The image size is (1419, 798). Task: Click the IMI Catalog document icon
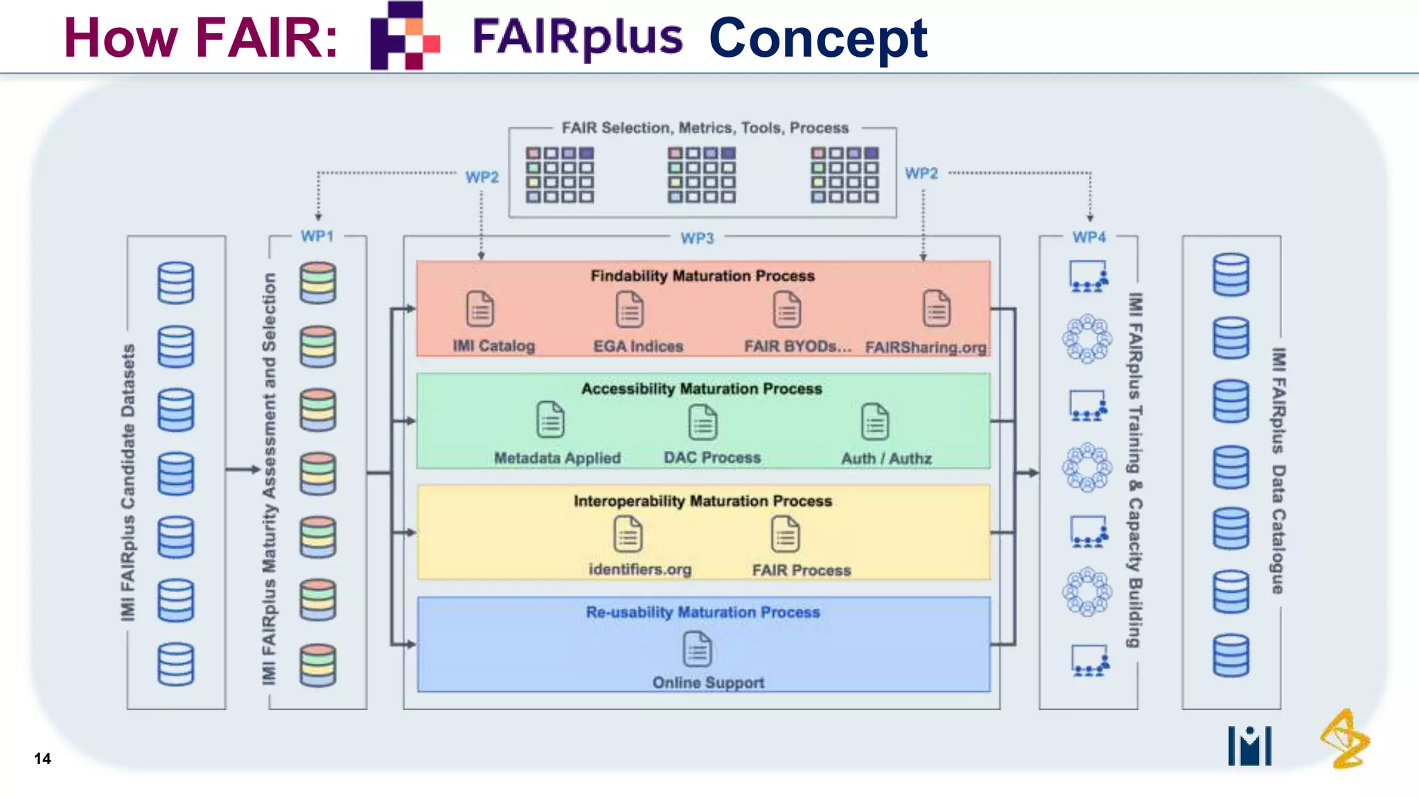click(x=479, y=309)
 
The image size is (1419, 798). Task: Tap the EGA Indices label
click(x=638, y=346)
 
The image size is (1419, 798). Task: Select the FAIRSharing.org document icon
click(x=936, y=309)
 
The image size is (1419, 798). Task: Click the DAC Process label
click(x=712, y=458)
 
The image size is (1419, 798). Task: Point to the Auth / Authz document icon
click(x=874, y=422)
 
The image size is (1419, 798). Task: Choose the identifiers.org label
click(x=640, y=569)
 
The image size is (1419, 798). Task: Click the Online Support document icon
click(x=697, y=649)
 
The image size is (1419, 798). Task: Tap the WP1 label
click(x=317, y=236)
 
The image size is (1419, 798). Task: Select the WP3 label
click(x=697, y=238)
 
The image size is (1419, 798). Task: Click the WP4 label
click(x=1089, y=238)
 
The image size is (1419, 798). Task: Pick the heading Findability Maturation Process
click(x=703, y=276)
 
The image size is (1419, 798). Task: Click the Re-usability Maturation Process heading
click(x=703, y=612)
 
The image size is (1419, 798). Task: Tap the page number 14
click(x=42, y=759)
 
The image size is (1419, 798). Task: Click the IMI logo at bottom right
click(x=1249, y=745)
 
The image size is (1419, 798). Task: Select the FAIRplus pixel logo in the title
click(x=405, y=36)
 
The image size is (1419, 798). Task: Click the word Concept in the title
click(x=818, y=38)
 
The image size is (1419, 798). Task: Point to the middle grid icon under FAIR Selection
click(x=701, y=175)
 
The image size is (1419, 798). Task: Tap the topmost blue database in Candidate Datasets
click(x=175, y=283)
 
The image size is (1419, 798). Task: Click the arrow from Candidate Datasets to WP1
click(x=243, y=470)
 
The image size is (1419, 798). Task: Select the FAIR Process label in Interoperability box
click(x=801, y=570)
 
